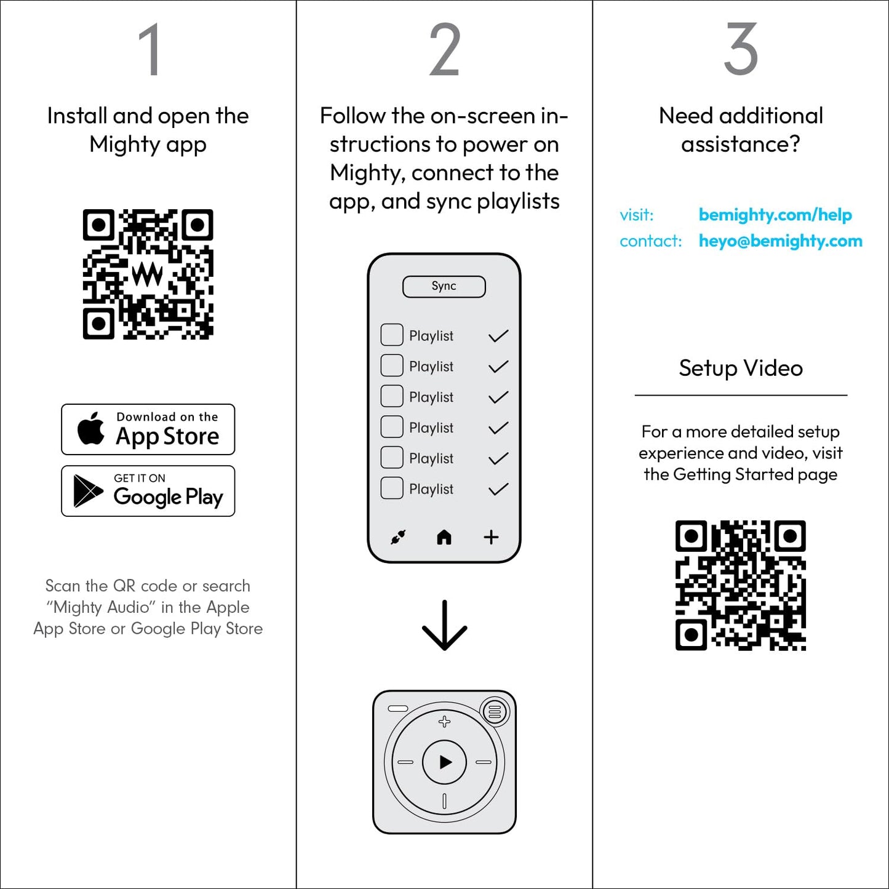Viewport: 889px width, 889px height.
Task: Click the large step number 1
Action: [149, 50]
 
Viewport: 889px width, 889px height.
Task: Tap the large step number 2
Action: [444, 50]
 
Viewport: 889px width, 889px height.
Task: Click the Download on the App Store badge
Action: [148, 429]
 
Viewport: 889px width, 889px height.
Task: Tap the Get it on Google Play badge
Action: [148, 491]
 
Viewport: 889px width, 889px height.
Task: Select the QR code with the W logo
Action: [148, 274]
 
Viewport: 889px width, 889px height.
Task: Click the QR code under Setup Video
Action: [741, 585]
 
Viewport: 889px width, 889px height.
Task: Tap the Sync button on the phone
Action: [444, 287]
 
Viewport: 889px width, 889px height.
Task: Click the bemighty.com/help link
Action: [775, 215]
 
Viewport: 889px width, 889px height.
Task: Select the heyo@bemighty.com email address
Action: [780, 241]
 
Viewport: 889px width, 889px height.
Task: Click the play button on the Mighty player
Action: [445, 762]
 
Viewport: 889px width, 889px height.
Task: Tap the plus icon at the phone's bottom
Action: [491, 537]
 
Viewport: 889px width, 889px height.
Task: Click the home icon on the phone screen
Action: [444, 538]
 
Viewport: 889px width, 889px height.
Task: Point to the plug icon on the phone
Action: [398, 537]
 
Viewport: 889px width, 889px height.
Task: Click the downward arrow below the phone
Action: [444, 626]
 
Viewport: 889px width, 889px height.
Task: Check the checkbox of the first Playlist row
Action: [392, 335]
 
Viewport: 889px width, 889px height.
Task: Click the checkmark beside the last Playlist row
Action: [498, 489]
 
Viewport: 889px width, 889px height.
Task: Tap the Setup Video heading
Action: [741, 368]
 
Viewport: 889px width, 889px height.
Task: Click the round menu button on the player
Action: [494, 712]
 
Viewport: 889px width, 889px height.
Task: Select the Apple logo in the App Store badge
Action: [91, 428]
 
